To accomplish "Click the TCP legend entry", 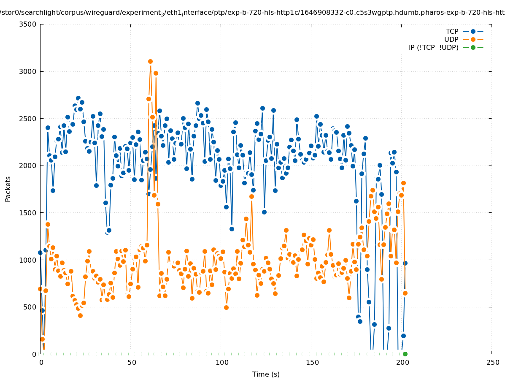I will pyautogui.click(x=452, y=31).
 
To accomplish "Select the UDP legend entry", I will pyautogui.click(x=451, y=39).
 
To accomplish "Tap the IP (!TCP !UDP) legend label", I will pyautogui.click(x=433, y=47).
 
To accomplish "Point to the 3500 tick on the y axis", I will pyautogui.click(x=28, y=24).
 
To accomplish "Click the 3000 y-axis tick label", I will pyautogui.click(x=28, y=71).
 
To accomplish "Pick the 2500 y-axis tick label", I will pyautogui.click(x=28, y=119).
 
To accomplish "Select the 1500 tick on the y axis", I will pyautogui.click(x=28, y=213).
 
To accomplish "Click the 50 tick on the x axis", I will pyautogui.click(x=132, y=362).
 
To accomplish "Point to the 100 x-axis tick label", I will pyautogui.click(x=222, y=362).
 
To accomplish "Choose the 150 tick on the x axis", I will pyautogui.click(x=312, y=362).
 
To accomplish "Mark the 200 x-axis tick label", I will pyautogui.click(x=402, y=362).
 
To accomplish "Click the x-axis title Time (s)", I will pyautogui.click(x=266, y=374).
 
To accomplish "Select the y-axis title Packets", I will pyautogui.click(x=8, y=189).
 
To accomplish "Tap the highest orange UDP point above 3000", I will pyautogui.click(x=150, y=62).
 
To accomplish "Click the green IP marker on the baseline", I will pyautogui.click(x=405, y=354).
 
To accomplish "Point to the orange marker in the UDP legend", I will pyautogui.click(x=473, y=39).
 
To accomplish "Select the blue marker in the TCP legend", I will pyautogui.click(x=473, y=31).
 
